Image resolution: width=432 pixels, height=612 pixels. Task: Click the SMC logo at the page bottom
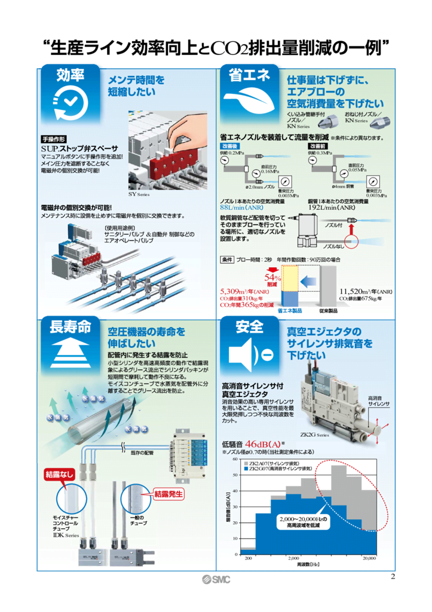click(x=216, y=579)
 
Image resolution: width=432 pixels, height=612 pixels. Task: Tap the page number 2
click(x=393, y=576)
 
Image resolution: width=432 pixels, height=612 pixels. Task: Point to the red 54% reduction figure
click(x=272, y=279)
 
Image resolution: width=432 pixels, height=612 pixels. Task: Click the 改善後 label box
click(x=230, y=146)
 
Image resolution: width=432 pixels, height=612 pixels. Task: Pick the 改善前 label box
click(x=317, y=146)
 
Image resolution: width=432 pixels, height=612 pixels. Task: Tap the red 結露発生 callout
click(x=168, y=494)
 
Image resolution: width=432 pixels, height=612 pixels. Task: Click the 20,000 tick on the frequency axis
click(x=369, y=558)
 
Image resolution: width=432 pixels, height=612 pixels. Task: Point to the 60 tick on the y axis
click(x=235, y=460)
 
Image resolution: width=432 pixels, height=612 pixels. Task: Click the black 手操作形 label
click(x=54, y=138)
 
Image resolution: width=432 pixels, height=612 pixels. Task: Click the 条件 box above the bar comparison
click(x=227, y=260)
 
